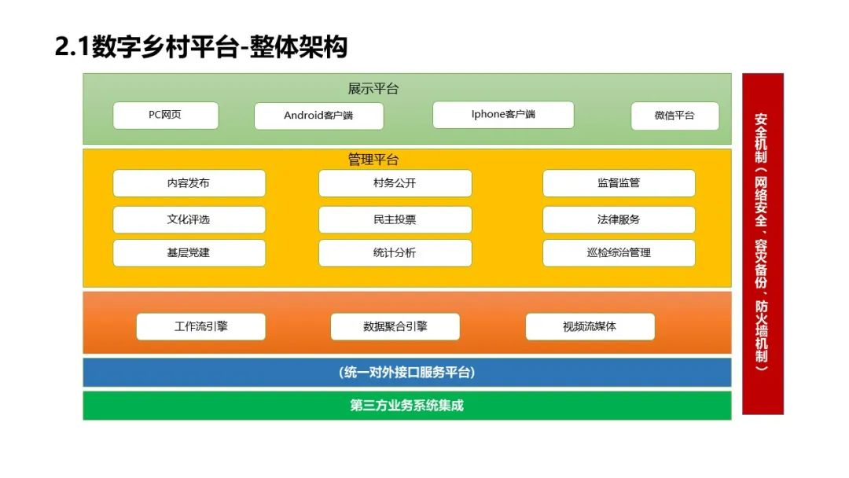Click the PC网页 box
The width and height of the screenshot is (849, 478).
(x=165, y=115)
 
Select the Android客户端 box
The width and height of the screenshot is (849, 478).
(x=318, y=116)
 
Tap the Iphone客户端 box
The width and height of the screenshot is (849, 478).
(x=503, y=114)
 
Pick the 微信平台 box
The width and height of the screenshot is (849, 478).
(x=674, y=116)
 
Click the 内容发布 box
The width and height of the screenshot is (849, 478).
(x=189, y=183)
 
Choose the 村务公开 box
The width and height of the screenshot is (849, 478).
(x=395, y=183)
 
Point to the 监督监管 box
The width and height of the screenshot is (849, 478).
(x=619, y=183)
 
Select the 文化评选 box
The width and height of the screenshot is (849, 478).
(x=189, y=219)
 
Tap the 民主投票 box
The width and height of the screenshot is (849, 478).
(x=395, y=219)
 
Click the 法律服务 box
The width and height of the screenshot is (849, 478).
(x=619, y=219)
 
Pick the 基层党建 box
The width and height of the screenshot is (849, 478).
(x=189, y=253)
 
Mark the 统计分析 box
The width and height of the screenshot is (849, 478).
(x=395, y=253)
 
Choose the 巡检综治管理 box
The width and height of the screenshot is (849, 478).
(x=619, y=253)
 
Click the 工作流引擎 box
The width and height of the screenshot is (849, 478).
(x=200, y=326)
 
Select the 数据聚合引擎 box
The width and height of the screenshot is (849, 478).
(x=395, y=326)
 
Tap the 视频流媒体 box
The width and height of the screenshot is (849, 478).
(x=590, y=326)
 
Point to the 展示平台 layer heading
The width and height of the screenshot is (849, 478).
(x=373, y=89)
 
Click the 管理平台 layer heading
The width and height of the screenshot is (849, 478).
(x=373, y=160)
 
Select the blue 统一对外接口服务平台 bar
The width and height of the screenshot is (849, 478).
(x=406, y=372)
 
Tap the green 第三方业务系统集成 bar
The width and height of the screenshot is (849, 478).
(x=406, y=406)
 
